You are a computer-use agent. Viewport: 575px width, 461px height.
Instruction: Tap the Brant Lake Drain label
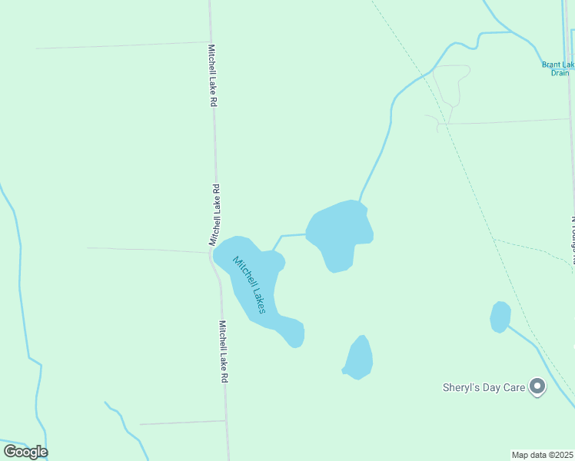(x=557, y=68)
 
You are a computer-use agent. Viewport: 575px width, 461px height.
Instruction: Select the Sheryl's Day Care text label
(x=484, y=387)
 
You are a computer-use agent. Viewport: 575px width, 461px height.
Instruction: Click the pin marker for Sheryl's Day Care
(x=537, y=387)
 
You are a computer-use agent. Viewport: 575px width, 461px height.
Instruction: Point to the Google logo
(x=25, y=452)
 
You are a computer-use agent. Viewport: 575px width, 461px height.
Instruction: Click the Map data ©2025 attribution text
(x=543, y=455)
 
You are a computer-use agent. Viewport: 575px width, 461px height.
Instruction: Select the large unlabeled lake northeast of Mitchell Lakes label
(x=338, y=230)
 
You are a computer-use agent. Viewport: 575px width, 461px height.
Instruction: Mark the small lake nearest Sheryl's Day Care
(x=500, y=317)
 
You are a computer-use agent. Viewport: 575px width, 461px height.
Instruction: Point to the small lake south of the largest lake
(x=359, y=359)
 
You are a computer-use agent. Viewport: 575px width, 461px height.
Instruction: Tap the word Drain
(x=560, y=73)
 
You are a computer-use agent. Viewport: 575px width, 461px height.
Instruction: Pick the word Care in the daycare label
(x=514, y=387)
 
